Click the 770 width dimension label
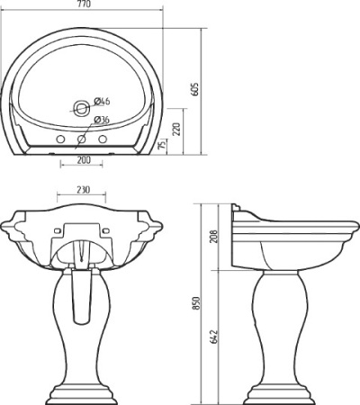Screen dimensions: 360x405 pos(83,4)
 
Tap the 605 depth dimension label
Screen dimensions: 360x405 pos(195,89)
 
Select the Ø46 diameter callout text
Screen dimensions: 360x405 pos(102,102)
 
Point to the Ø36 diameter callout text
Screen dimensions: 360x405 pos(102,120)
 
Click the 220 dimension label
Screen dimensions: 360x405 pos(177,130)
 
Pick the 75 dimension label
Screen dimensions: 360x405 pos(162,145)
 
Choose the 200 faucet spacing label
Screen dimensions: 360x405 pos(84,160)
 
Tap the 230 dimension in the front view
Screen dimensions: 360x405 pos(83,190)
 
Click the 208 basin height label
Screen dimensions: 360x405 pos(213,237)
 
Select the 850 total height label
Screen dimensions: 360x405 pos(195,303)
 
